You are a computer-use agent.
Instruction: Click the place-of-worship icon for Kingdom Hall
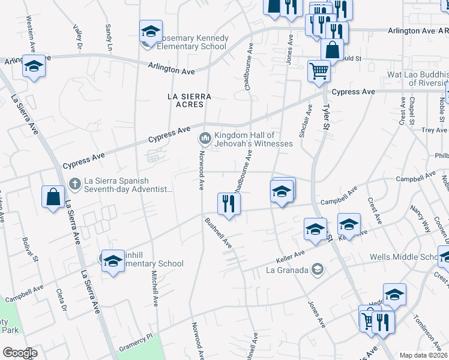[205, 139]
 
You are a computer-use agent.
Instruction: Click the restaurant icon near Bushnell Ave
[229, 203]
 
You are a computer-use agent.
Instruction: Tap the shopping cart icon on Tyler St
[319, 70]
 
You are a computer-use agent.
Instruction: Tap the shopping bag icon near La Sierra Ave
[53, 196]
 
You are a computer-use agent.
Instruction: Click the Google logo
[20, 353]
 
